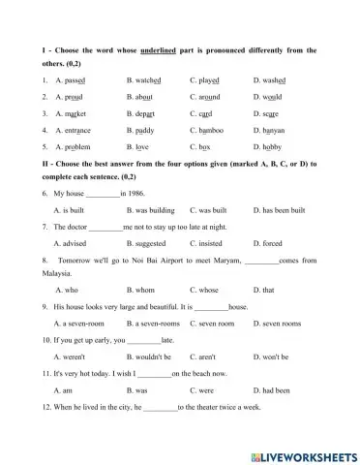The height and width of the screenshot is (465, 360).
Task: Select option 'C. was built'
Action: [210, 210]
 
